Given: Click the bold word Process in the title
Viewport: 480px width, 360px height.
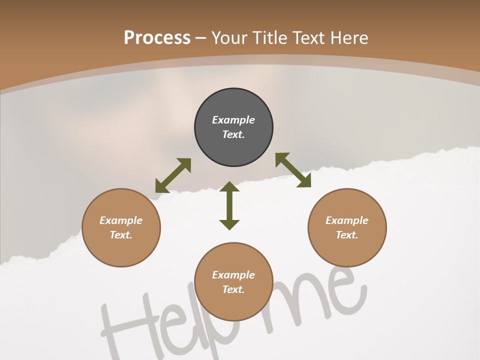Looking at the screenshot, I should click(157, 38).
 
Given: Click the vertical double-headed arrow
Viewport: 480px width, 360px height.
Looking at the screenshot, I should click(229, 206).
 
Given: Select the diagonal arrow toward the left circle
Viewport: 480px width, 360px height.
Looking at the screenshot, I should click(173, 175).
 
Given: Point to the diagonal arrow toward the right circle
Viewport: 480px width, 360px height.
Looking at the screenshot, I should click(293, 170).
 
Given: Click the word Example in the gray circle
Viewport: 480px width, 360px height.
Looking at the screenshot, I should click(233, 120).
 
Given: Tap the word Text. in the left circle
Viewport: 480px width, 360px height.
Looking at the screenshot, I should click(121, 235).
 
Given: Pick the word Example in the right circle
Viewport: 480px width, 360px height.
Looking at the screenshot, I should click(347, 220).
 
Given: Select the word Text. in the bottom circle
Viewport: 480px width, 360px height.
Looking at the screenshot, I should click(233, 289).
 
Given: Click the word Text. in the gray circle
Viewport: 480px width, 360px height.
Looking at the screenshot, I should click(233, 134).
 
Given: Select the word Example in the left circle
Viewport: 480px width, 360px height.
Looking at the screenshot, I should click(121, 220).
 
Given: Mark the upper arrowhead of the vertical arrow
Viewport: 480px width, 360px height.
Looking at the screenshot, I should click(229, 187).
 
